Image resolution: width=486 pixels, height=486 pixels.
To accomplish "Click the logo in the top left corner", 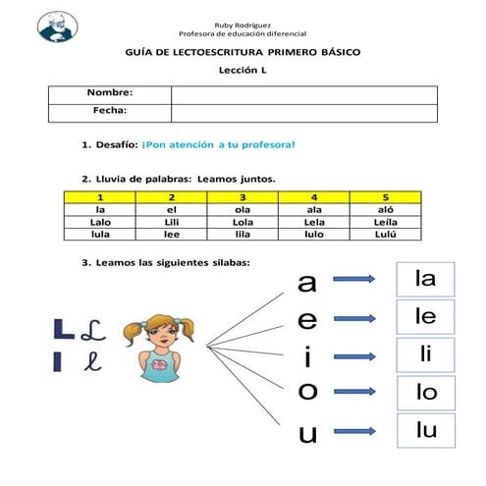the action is [x=61, y=26].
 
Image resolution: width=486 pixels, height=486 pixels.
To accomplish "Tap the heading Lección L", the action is [x=243, y=70].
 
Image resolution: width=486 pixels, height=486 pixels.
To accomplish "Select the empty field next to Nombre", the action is [x=304, y=93].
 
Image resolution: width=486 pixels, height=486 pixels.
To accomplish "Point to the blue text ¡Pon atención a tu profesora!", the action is [x=218, y=144].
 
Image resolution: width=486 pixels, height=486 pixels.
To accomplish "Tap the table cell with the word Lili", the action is [x=171, y=222].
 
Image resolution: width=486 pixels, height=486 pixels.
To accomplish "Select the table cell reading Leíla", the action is [x=386, y=222].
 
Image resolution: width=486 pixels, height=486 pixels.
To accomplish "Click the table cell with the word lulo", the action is [x=314, y=235].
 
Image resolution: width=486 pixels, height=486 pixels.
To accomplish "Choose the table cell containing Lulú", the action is [x=386, y=235].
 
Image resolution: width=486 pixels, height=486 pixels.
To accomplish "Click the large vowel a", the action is [x=307, y=283].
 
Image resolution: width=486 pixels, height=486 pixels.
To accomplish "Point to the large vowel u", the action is [x=308, y=433].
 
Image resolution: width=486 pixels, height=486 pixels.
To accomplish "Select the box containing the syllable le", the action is [x=425, y=317].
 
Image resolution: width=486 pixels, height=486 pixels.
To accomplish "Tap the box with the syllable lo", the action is [x=425, y=394].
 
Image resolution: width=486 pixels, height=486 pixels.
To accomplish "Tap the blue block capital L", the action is [x=61, y=328].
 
